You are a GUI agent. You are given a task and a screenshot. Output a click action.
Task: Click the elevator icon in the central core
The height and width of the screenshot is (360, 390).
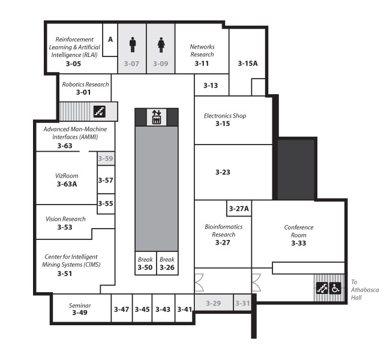click(157, 117)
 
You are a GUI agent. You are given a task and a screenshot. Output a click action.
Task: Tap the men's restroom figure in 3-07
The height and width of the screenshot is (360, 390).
click(133, 45)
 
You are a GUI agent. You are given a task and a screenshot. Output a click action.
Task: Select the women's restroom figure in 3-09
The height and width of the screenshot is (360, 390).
click(161, 45)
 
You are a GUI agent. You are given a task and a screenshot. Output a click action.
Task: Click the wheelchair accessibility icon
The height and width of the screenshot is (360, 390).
click(335, 288)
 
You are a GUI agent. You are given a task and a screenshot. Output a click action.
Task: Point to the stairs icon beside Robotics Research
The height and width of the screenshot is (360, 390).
click(100, 111)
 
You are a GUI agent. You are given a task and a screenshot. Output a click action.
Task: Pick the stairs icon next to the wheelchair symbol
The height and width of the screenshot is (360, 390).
click(322, 288)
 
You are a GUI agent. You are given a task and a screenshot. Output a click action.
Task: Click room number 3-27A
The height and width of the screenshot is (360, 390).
click(239, 208)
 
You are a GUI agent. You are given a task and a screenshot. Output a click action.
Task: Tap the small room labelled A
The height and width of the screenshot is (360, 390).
click(110, 40)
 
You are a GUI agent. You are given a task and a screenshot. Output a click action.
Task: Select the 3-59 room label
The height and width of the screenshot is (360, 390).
click(106, 158)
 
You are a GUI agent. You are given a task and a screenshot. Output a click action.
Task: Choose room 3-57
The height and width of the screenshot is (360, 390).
click(106, 179)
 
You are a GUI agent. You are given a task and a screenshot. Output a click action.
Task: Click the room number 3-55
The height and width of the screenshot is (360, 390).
click(106, 203)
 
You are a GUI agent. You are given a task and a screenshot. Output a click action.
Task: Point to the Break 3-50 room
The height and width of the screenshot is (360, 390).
click(146, 263)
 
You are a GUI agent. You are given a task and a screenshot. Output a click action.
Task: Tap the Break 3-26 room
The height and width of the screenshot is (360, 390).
click(167, 263)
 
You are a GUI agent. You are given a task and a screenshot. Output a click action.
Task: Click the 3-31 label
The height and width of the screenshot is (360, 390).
click(242, 303)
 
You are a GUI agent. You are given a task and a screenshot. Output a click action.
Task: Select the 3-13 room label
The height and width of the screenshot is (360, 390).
click(211, 86)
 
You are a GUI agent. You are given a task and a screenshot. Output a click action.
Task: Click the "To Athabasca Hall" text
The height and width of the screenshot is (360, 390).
click(365, 290)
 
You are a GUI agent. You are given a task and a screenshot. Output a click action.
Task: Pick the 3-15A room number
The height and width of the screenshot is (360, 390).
click(248, 64)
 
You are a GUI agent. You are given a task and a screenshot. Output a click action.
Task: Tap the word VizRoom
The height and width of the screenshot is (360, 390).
click(67, 176)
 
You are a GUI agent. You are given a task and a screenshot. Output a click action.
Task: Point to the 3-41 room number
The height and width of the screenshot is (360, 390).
click(185, 310)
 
